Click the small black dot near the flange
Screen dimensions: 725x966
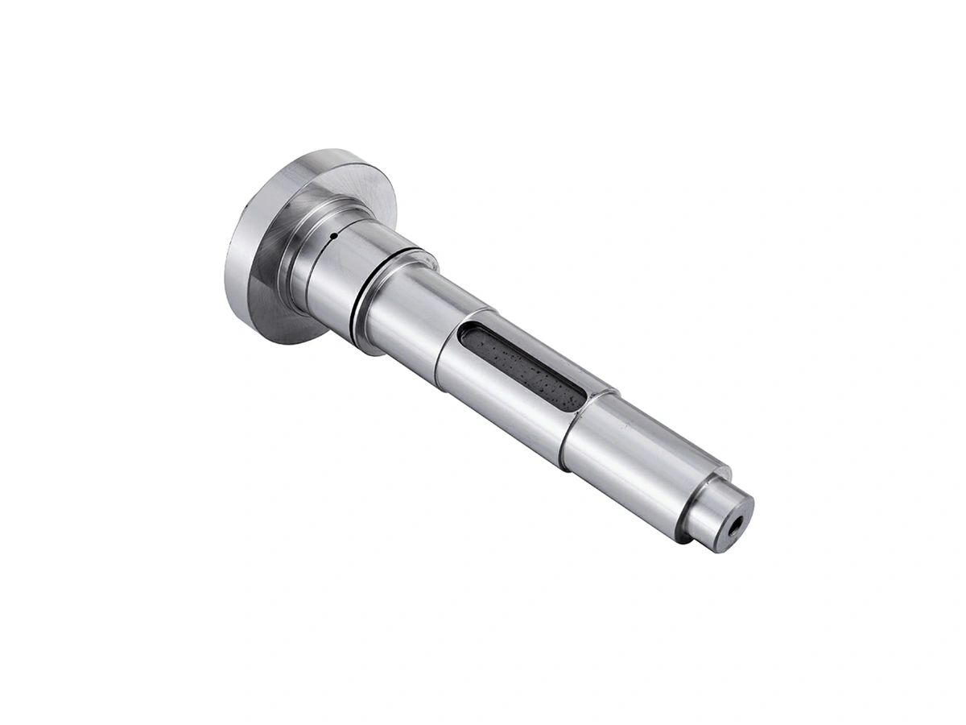point(332,236)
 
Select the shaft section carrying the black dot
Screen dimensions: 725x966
point(330,266)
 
